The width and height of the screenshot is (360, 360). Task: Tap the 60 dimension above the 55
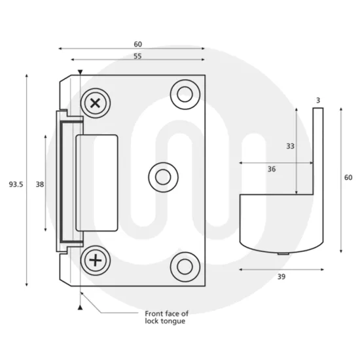[x=137, y=44]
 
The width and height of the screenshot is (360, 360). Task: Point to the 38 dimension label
[x=40, y=185]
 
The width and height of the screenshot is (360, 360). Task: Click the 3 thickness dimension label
[x=317, y=100]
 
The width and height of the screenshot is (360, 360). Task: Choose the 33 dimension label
[x=289, y=147]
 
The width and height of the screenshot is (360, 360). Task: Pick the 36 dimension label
[x=271, y=169]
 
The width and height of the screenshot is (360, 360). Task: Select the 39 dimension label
[x=281, y=277]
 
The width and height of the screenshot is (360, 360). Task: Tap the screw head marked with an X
[x=97, y=102]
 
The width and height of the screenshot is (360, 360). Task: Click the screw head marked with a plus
[x=97, y=261]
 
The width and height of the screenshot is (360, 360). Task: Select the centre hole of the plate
[x=163, y=176]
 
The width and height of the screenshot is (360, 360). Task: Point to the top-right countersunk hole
[x=184, y=94]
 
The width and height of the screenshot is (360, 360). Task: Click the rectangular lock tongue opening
[x=97, y=182]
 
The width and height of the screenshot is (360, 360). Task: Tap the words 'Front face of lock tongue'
[x=166, y=317]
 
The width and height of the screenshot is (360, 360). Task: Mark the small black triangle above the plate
[x=80, y=72]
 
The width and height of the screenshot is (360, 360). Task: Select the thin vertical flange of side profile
[x=319, y=151]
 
